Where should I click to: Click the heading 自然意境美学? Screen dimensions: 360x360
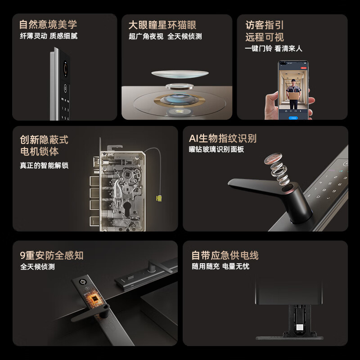(x=48, y=24)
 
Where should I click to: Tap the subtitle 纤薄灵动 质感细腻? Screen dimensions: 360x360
(x=49, y=36)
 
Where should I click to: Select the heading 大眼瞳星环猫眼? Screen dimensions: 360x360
(x=162, y=25)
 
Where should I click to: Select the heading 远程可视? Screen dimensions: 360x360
(x=265, y=37)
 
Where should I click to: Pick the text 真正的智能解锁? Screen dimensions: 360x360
(x=44, y=165)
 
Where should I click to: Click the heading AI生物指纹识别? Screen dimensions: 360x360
(x=223, y=138)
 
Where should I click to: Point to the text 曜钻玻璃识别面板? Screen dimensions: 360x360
(x=216, y=149)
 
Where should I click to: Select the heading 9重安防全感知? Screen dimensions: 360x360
(x=52, y=256)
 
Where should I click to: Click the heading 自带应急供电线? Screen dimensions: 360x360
(x=225, y=256)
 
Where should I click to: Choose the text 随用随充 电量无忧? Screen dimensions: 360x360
(x=220, y=266)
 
